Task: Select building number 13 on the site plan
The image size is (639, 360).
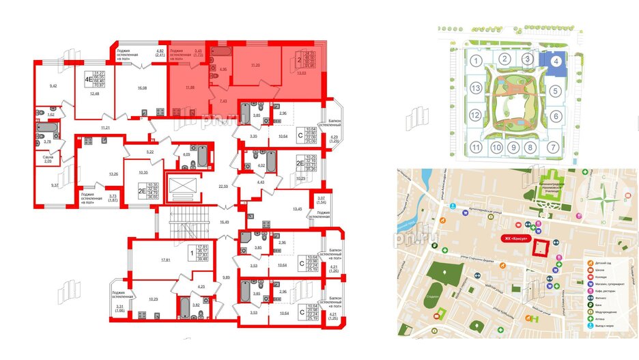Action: click(474, 89)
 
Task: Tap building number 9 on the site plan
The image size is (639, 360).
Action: click(513, 147)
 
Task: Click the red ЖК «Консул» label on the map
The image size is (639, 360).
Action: click(516, 238)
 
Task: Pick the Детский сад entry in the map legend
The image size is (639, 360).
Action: click(603, 263)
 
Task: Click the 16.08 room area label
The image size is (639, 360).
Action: click(141, 88)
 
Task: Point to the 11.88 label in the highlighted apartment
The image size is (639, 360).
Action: click(190, 88)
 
